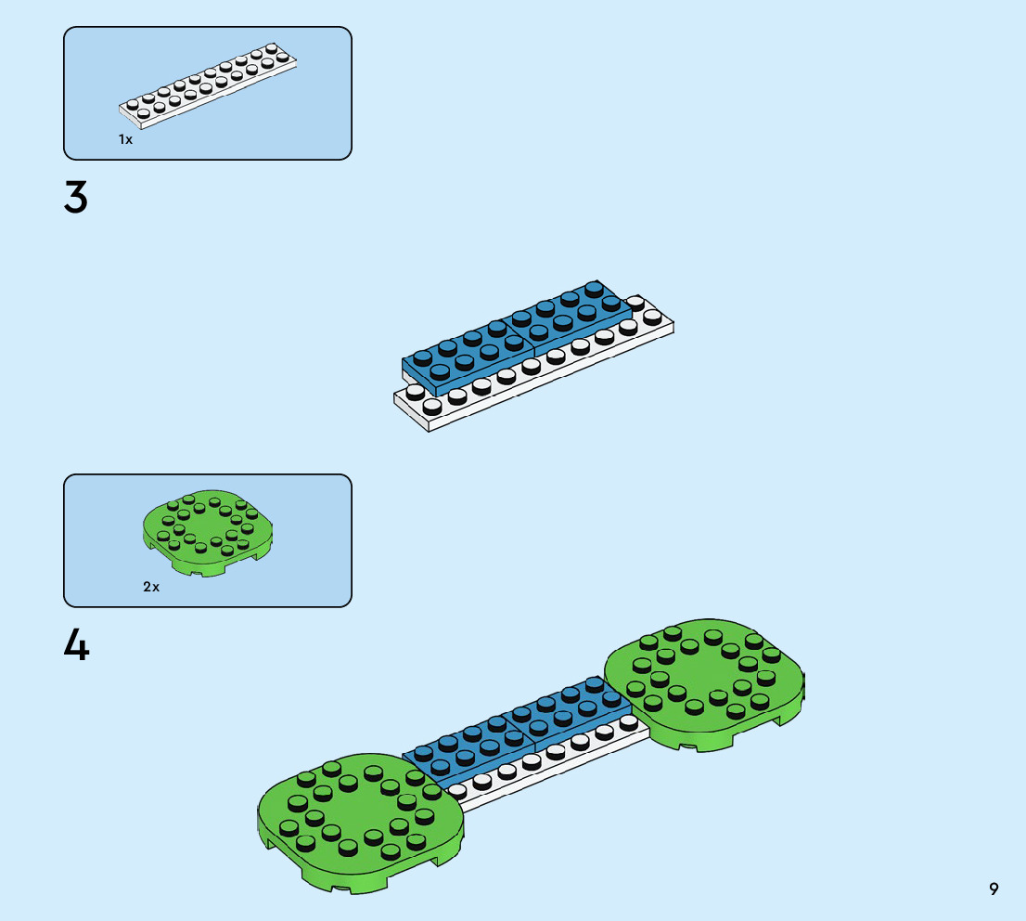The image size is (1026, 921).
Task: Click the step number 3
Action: click(76, 198)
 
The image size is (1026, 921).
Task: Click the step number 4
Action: click(76, 645)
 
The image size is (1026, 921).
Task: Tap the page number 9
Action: click(994, 889)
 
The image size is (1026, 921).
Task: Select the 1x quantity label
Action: click(125, 139)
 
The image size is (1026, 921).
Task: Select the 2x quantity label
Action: click(151, 587)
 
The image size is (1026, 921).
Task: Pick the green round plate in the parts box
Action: click(212, 531)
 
